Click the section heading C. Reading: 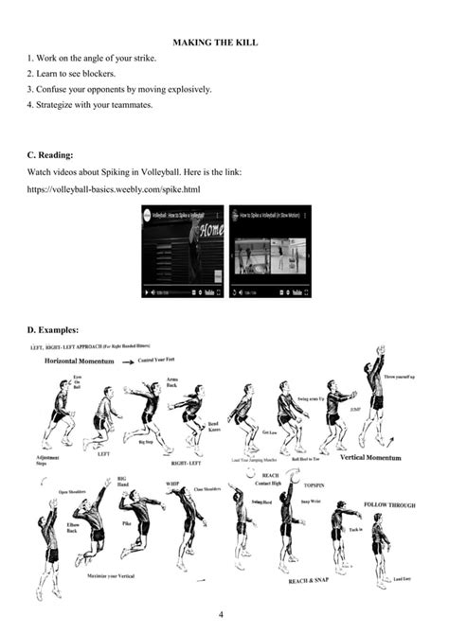[50, 155]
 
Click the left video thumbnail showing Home [183, 252]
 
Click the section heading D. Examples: [53, 330]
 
